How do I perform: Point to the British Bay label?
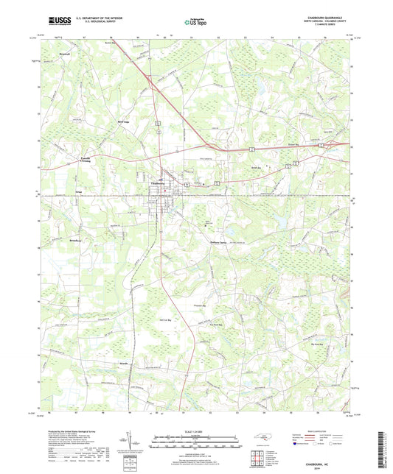257,167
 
